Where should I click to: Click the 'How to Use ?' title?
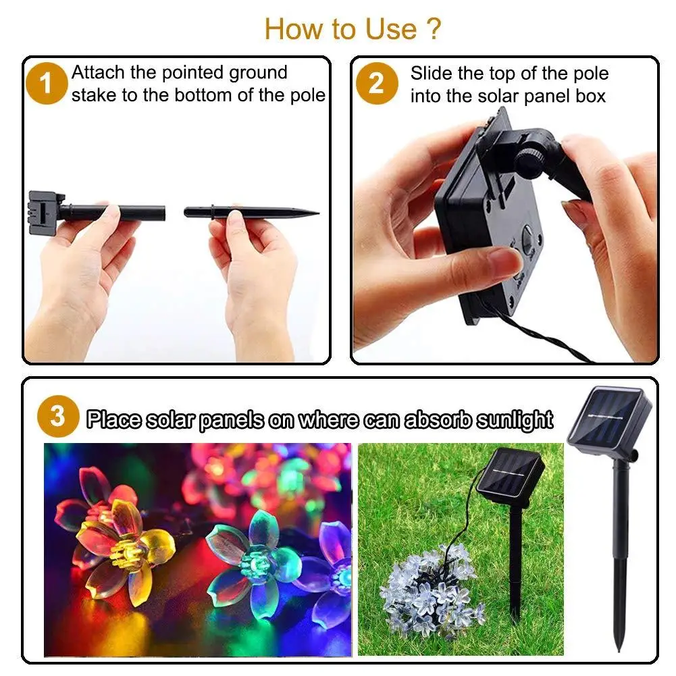click(353, 29)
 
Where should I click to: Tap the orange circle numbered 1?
click(46, 85)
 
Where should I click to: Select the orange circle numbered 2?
click(376, 84)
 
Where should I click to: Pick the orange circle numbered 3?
click(57, 417)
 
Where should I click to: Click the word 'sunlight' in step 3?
click(514, 420)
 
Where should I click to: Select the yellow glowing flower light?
click(122, 547)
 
